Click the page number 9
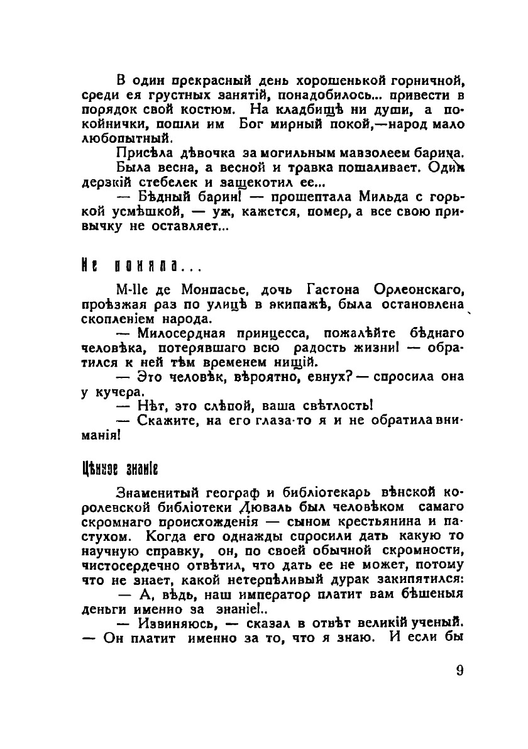(x=459, y=670)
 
